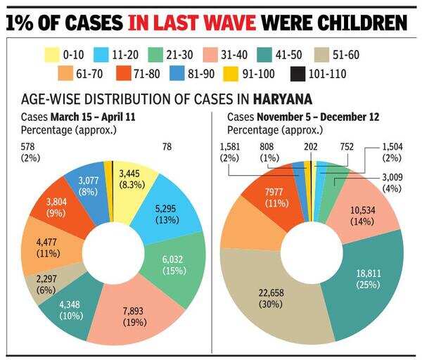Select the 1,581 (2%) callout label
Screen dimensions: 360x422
pos(229,152)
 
